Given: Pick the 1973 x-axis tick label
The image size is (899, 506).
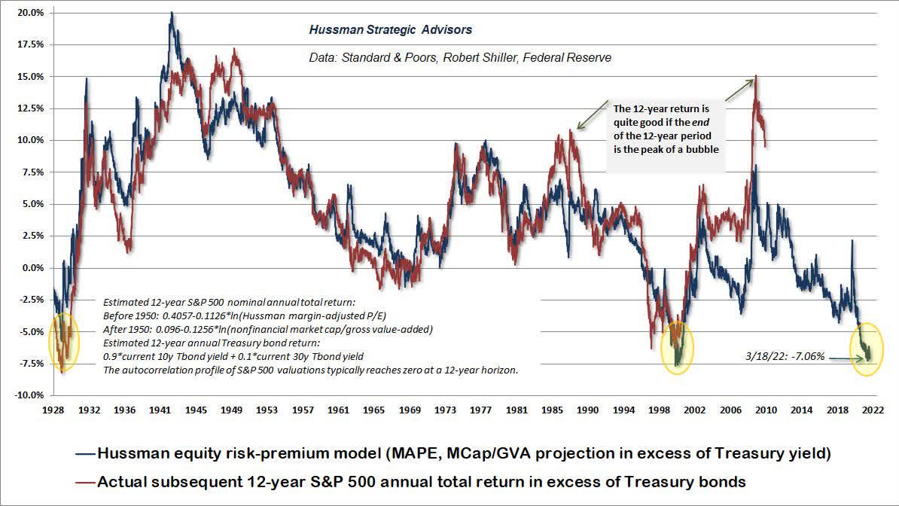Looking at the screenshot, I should [x=445, y=410].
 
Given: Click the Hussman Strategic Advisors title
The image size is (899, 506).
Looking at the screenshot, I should [x=391, y=30].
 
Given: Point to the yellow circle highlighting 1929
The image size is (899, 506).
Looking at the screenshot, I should [x=62, y=345].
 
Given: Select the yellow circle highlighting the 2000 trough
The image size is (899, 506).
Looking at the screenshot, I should [x=677, y=346].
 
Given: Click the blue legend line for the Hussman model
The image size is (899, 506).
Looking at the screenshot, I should [x=86, y=453].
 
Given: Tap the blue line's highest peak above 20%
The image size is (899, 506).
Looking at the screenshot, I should [x=172, y=13].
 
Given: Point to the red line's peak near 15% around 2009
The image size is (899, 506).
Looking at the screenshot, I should [x=755, y=76].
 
